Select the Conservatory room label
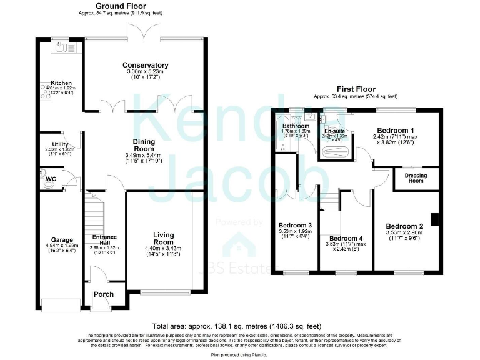click(x=146, y=65)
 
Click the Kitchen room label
click(x=61, y=82)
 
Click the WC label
click(x=51, y=179)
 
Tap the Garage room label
click(x=62, y=239)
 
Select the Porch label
click(x=104, y=294)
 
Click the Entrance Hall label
click(x=104, y=241)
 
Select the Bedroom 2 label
click(x=404, y=226)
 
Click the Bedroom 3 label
click(x=296, y=225)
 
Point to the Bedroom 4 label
click(x=346, y=239)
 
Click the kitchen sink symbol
click(x=61, y=47)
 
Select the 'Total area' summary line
click(x=237, y=326)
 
